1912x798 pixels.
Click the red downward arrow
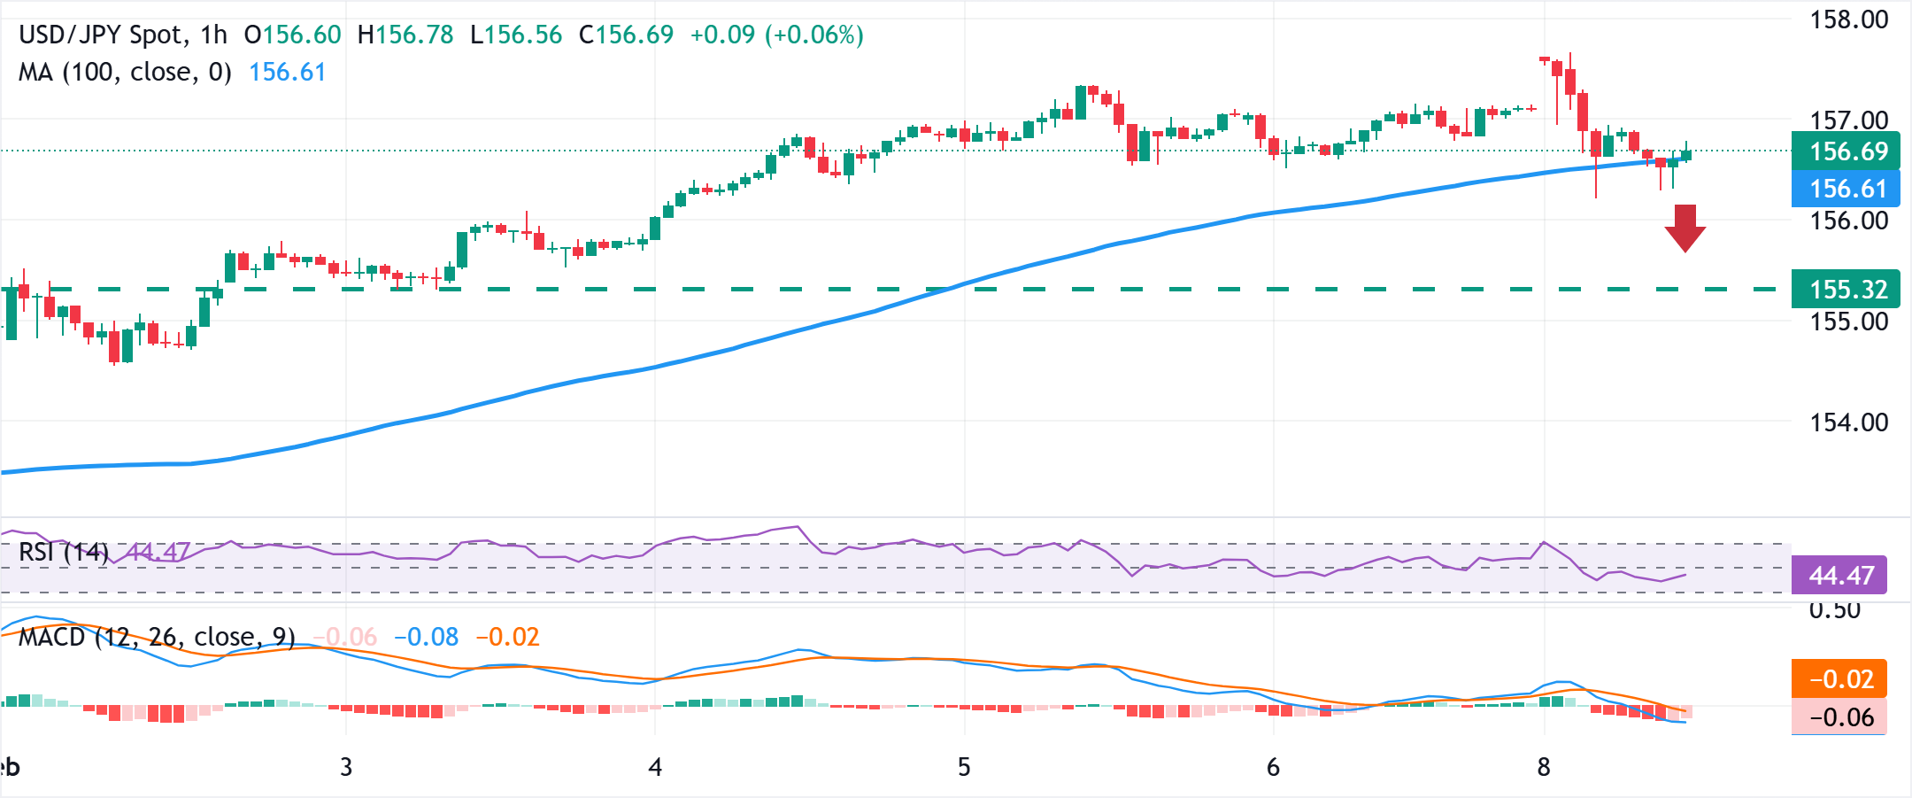click(x=1685, y=228)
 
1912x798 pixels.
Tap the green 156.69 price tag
click(x=1846, y=151)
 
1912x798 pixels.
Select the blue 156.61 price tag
click(x=1846, y=189)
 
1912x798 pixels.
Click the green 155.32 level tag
click(x=1846, y=290)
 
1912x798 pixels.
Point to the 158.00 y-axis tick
click(x=1848, y=19)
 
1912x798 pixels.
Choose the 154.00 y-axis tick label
click(x=1848, y=422)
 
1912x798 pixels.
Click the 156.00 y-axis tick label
click(x=1848, y=221)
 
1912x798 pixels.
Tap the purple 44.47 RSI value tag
click(x=1840, y=576)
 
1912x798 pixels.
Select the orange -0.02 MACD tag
click(x=1840, y=679)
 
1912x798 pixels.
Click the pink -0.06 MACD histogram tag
click(x=1840, y=717)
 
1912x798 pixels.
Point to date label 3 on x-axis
click(x=346, y=767)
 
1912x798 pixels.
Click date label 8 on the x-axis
click(x=1544, y=767)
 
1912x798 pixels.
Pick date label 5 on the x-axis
click(x=964, y=767)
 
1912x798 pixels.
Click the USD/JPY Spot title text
click(x=103, y=35)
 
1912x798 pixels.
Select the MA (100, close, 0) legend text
click(x=125, y=73)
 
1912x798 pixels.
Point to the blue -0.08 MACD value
click(x=426, y=637)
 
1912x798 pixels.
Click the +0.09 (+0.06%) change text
click(x=776, y=35)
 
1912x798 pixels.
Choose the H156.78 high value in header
click(x=405, y=35)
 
